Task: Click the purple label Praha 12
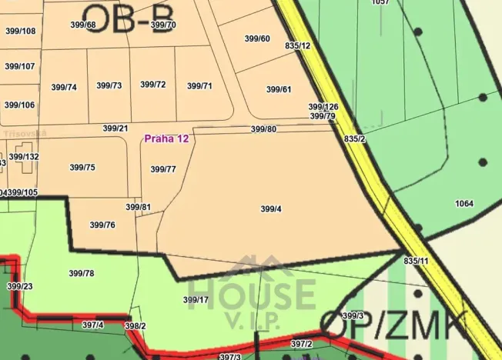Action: [166, 138]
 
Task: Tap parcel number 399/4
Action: [271, 208]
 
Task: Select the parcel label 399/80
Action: [263, 129]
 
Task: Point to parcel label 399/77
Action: [163, 169]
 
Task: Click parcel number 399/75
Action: [82, 167]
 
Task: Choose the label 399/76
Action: [102, 225]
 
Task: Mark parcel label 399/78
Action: [82, 273]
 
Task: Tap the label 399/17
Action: [196, 299]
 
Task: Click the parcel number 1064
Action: [464, 204]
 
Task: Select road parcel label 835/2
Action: [355, 139]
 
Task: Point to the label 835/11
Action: [416, 262]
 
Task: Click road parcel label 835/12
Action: [297, 46]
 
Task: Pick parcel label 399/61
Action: [279, 89]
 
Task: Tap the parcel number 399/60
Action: [257, 38]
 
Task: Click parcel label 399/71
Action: [199, 85]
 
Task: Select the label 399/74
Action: [64, 87]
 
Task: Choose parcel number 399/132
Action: [24, 156]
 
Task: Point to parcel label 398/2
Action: [135, 326]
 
